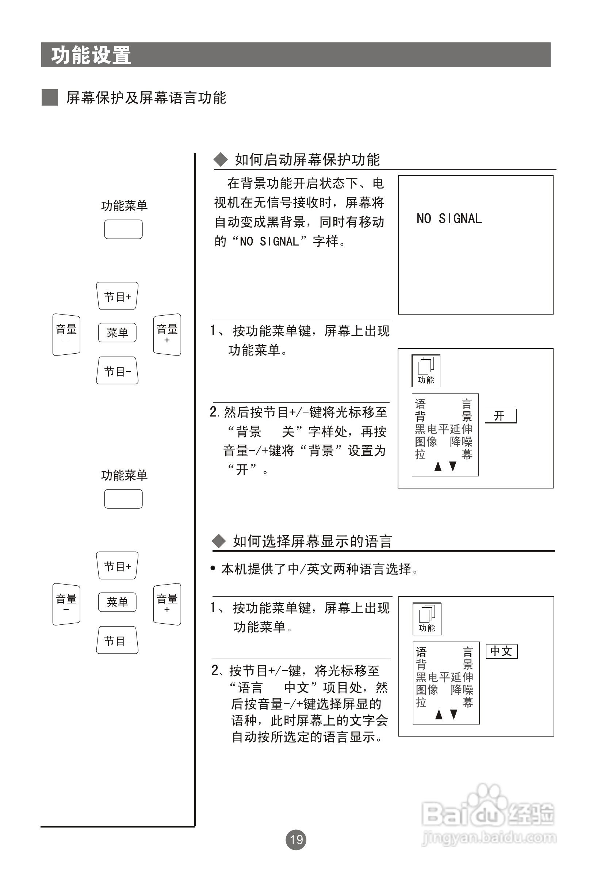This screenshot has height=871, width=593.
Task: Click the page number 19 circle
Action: (x=296, y=840)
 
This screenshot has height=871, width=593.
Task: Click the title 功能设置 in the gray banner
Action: (x=91, y=56)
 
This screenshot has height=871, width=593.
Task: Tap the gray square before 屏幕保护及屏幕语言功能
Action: (x=49, y=98)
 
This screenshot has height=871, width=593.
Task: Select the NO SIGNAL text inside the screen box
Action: (x=449, y=218)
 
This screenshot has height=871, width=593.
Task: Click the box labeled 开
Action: (x=501, y=416)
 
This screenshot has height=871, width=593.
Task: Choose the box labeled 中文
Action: (x=501, y=651)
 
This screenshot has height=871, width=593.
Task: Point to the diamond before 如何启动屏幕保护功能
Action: (x=221, y=160)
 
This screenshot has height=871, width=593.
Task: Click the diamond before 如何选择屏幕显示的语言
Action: (x=219, y=541)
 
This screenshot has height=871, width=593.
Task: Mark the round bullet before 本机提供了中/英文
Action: (x=213, y=568)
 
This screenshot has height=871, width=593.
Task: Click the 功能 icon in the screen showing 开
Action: (x=426, y=371)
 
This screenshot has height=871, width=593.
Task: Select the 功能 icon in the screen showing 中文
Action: (x=427, y=619)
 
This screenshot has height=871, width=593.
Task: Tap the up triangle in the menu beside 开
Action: (x=437, y=466)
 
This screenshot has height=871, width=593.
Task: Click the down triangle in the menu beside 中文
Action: (x=454, y=714)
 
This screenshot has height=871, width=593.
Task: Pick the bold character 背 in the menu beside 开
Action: (x=420, y=417)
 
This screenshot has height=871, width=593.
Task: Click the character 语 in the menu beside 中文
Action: (x=421, y=652)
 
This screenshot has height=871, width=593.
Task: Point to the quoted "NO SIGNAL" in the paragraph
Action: (x=269, y=241)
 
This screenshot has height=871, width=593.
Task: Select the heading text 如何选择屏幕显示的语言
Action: (x=313, y=541)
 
